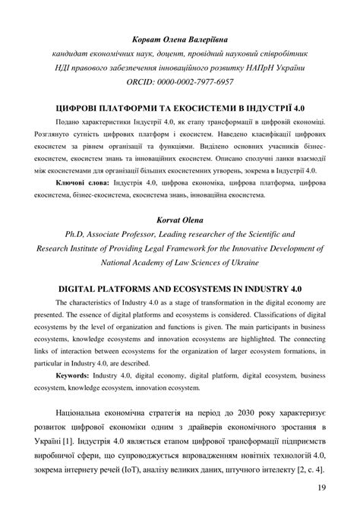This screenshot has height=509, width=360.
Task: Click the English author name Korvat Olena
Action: (x=179, y=220)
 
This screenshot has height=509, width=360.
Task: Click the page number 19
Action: (x=322, y=488)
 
